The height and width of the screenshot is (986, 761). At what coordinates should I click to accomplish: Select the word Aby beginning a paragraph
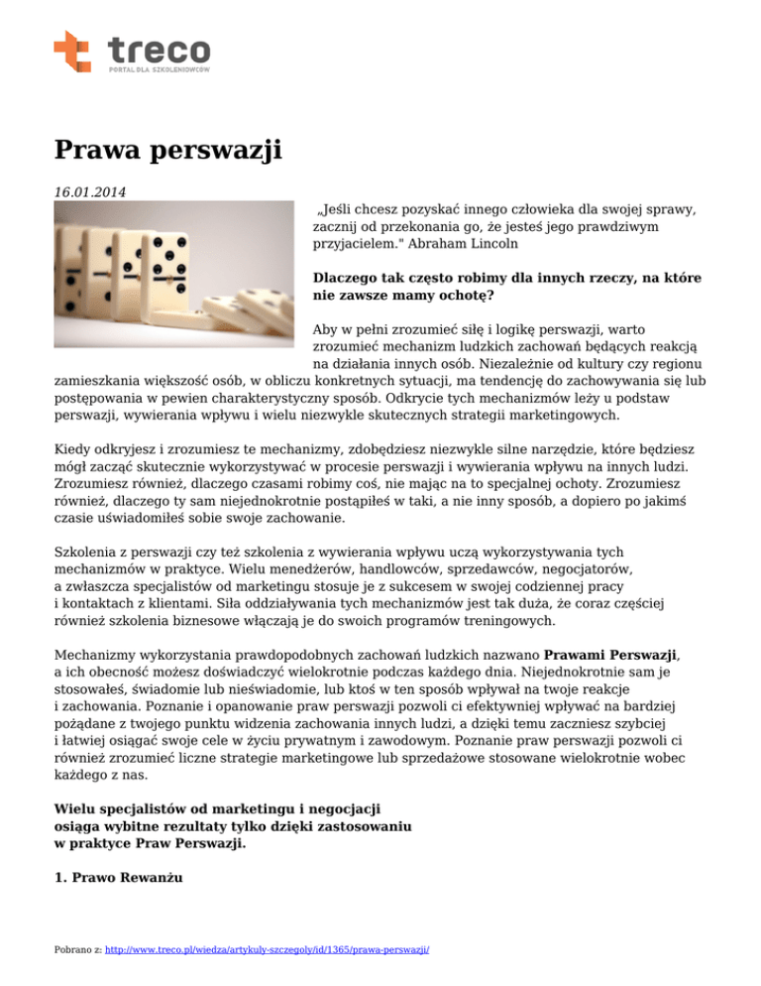(325, 327)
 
